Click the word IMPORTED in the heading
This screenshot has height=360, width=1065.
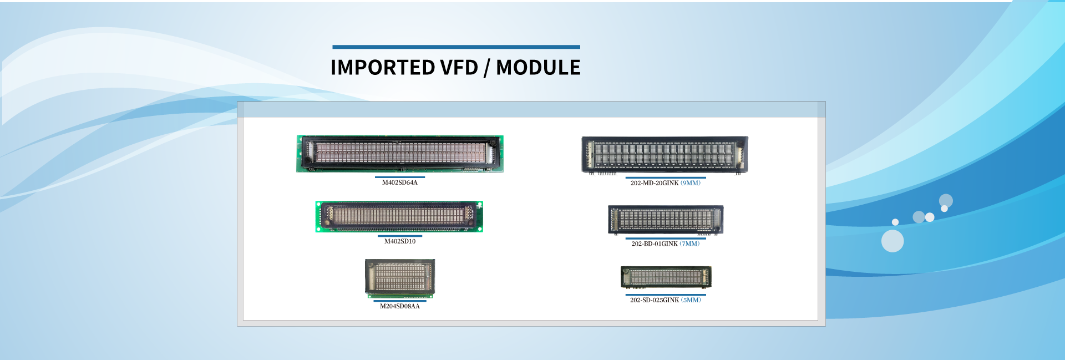coord(382,68)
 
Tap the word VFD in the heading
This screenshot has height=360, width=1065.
coord(459,68)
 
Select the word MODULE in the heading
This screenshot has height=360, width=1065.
coord(538,68)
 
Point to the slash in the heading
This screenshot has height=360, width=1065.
coord(486,68)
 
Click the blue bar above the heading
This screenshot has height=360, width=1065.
coord(456,47)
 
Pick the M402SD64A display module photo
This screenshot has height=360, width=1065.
coord(399,154)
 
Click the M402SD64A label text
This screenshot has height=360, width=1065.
coord(399,182)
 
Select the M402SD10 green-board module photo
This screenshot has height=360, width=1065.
coord(399,216)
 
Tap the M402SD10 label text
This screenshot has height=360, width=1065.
coord(399,241)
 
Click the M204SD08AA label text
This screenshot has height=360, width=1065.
coord(399,306)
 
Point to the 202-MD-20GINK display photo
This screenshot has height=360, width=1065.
coord(665,155)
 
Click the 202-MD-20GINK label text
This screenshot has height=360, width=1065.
coord(654,183)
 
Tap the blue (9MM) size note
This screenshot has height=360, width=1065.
coord(691,183)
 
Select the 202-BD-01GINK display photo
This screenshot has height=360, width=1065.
coord(666,220)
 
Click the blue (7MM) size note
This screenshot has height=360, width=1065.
coord(689,244)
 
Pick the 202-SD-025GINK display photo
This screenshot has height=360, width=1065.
coord(666,277)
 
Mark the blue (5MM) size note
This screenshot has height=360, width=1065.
coord(691,300)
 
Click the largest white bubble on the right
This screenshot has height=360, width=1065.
coord(892,241)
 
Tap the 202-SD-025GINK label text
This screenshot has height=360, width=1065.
coord(654,300)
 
